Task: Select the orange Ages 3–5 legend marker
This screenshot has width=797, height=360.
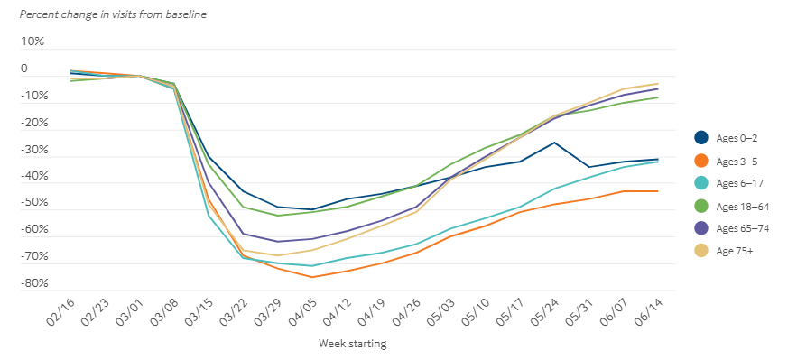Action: click(x=701, y=160)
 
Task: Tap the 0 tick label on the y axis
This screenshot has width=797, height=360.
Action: click(x=24, y=69)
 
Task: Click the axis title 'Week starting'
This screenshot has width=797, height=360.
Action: click(x=353, y=344)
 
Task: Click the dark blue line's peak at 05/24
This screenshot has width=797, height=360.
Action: click(x=554, y=143)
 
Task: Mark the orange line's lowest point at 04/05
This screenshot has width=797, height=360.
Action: click(x=312, y=277)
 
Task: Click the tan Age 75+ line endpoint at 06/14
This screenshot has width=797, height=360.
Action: click(x=657, y=84)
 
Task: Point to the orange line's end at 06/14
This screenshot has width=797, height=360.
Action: click(x=657, y=191)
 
